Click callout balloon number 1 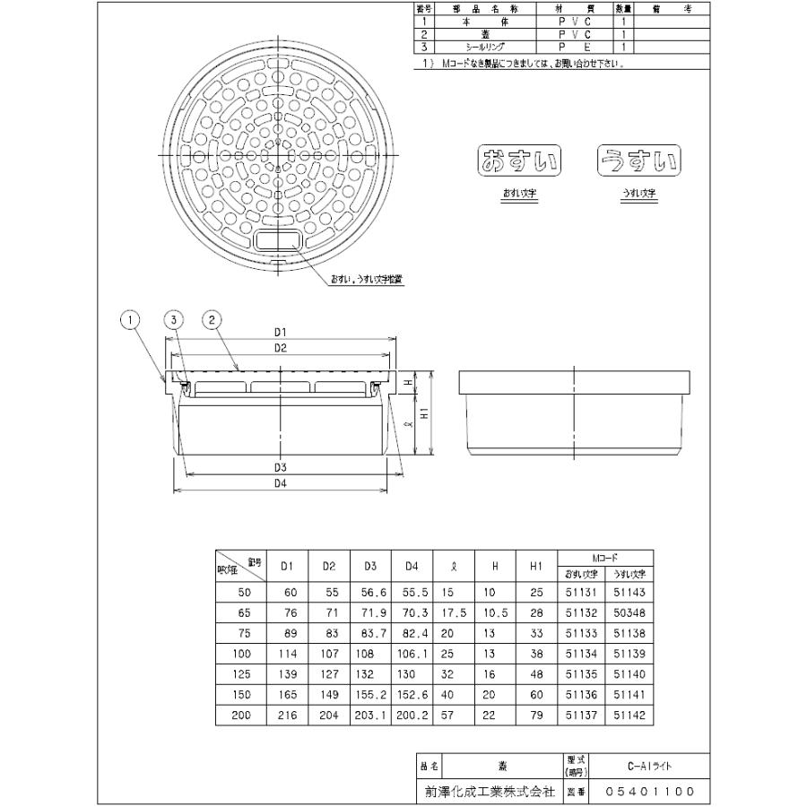pos(131,319)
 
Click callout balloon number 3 pos(174,319)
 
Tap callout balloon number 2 pos(213,319)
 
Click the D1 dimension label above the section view pos(280,333)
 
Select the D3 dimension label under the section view pos(280,468)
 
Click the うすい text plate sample pos(639,161)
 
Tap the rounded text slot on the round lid pos(280,240)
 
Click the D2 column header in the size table pos(328,566)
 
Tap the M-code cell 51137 pos(581,716)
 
